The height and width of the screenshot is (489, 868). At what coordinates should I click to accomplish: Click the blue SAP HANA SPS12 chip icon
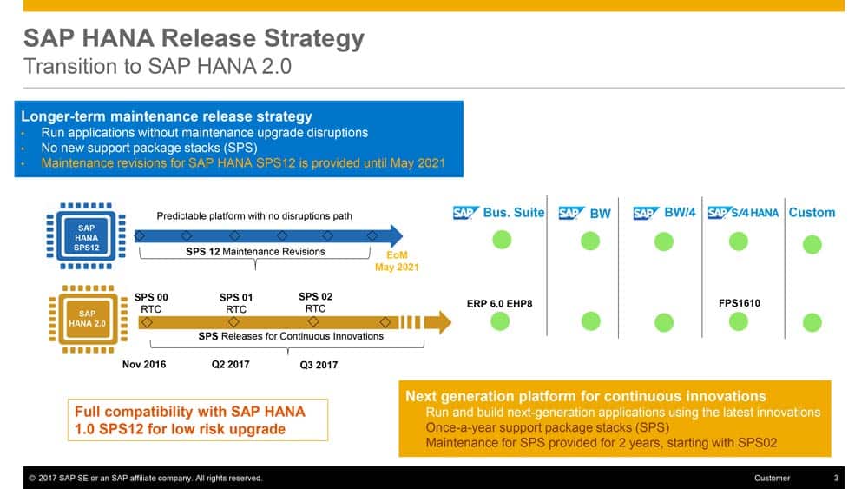tap(86, 236)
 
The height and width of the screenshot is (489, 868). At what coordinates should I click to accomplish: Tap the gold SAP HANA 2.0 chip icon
tap(88, 319)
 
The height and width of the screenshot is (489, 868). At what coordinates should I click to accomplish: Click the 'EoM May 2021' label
tap(397, 261)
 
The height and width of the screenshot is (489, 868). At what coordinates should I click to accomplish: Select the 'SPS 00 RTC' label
tap(151, 303)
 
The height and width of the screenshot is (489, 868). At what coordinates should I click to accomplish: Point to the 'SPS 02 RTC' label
tap(316, 302)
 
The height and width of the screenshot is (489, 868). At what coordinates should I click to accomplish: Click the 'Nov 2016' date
tap(144, 365)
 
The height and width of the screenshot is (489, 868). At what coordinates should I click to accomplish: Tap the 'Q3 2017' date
tap(319, 365)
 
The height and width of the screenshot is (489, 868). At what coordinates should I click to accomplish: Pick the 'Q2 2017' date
tap(230, 365)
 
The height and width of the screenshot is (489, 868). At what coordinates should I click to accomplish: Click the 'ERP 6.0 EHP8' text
tap(499, 303)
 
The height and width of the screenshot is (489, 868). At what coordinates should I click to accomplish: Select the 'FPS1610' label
tap(739, 303)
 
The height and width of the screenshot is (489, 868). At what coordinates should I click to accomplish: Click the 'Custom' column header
tap(812, 213)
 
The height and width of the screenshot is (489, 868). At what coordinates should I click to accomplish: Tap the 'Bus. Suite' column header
tap(514, 213)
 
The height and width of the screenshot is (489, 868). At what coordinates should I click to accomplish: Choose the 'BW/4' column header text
tap(680, 213)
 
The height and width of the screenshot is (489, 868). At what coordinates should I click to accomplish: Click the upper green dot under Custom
tap(812, 244)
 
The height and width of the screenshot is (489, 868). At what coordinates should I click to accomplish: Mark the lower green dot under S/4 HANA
tap(739, 321)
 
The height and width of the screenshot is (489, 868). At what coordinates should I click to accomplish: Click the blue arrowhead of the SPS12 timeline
tap(397, 236)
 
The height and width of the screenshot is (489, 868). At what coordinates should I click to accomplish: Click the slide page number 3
tap(836, 478)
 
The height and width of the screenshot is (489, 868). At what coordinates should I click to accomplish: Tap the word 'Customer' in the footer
tap(772, 478)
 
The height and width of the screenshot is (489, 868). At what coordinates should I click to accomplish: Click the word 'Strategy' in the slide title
tap(314, 39)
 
